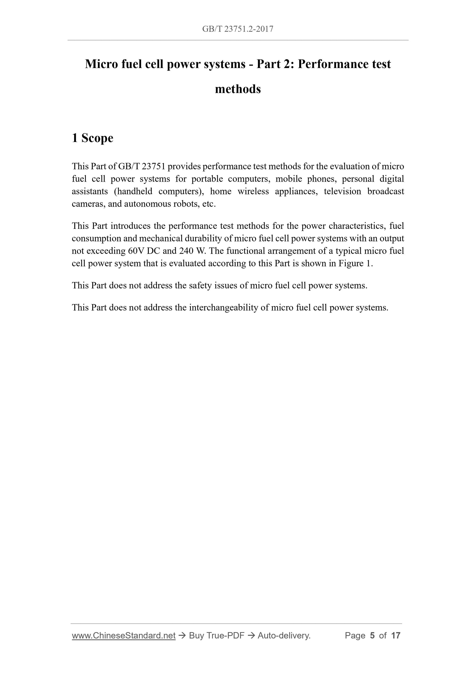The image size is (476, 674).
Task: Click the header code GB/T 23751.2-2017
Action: (x=238, y=29)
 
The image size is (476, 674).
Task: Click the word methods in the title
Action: (x=238, y=89)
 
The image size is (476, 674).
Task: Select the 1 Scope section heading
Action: (x=93, y=138)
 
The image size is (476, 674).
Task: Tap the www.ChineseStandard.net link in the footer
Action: (x=124, y=636)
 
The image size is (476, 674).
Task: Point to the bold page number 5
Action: (x=372, y=636)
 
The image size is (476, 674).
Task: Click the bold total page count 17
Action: (x=396, y=636)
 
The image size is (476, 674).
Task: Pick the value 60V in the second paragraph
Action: (x=136, y=251)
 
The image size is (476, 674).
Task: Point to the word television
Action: (x=342, y=191)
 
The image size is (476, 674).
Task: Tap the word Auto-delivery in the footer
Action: (x=284, y=636)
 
